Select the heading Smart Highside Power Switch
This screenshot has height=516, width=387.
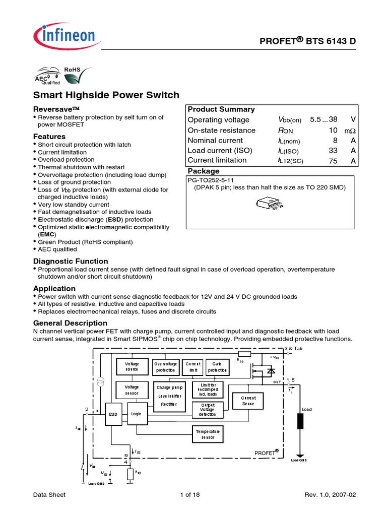106,95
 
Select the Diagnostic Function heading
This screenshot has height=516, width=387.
71,261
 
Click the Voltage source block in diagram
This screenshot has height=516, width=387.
132,366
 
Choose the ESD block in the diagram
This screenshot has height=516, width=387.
113,414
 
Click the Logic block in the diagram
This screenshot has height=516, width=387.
137,414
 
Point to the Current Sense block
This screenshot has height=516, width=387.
248,401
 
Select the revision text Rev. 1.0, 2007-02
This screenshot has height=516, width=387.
330,495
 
